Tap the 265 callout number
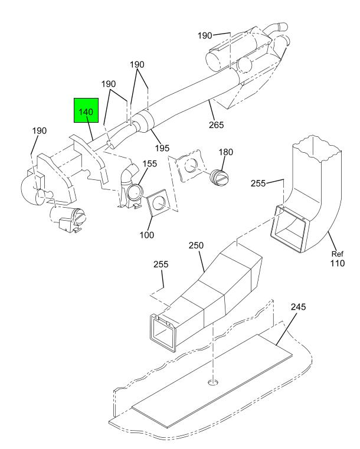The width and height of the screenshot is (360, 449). point(216,125)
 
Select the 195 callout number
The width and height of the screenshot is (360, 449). point(162,148)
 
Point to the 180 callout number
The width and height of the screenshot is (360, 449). point(225,152)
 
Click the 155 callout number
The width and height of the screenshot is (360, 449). point(150,163)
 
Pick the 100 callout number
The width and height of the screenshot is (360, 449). point(146,235)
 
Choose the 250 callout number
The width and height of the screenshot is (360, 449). point(196,245)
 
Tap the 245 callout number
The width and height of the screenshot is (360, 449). point(299,307)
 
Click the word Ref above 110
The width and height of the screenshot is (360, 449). point(337,254)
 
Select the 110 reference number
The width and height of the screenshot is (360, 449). point(338,263)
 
